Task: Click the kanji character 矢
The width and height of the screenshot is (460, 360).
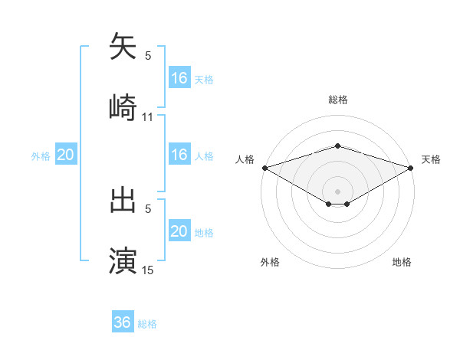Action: click(123, 47)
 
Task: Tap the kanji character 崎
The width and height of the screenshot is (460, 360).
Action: click(123, 106)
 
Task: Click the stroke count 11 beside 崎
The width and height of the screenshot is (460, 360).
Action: click(148, 116)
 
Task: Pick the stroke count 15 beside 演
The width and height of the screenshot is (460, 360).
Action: click(148, 270)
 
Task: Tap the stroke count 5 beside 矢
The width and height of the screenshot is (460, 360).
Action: click(148, 56)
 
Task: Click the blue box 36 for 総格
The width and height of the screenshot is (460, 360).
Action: click(123, 322)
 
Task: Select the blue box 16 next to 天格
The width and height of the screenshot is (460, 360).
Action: click(179, 77)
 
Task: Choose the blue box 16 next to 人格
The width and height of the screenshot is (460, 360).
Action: click(179, 155)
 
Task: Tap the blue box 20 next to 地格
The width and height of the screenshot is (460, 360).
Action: click(179, 231)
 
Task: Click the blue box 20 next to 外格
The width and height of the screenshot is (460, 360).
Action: click(66, 155)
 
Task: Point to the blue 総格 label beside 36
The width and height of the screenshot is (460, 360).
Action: click(147, 324)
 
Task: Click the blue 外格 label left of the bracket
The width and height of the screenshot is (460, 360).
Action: click(41, 156)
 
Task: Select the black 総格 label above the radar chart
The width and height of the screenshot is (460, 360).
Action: click(337, 100)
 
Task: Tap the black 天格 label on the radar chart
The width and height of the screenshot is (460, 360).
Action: click(432, 159)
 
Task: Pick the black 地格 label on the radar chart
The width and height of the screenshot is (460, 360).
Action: click(402, 263)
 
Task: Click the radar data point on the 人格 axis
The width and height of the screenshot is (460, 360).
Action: click(264, 167)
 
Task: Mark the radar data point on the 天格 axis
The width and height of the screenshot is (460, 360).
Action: click(410, 167)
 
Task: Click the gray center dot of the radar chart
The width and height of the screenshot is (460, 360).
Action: click(337, 191)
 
